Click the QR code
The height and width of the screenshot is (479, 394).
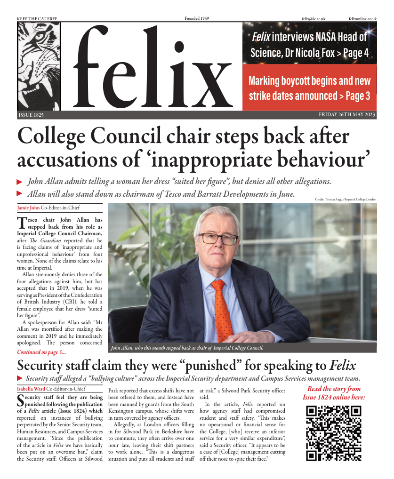pos(334,433)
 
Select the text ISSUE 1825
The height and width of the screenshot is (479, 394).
pos(31,115)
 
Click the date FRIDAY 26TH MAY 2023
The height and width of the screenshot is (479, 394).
pos(347,115)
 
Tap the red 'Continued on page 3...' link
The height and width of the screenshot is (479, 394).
pos(41,351)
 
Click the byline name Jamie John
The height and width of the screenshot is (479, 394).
pos(28,207)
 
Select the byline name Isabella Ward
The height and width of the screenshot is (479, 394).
pos(31,389)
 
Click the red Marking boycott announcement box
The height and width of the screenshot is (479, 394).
pos(310,88)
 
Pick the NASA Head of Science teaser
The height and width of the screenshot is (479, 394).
pos(310,44)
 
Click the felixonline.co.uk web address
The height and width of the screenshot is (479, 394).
pos(363,18)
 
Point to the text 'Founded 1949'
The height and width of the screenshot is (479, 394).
pos(197,18)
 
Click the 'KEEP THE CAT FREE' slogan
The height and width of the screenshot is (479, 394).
pos(37,18)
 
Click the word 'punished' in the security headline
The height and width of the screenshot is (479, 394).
pos(194,366)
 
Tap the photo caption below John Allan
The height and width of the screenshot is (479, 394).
pos(186,348)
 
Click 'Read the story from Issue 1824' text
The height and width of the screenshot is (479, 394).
pos(334,393)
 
